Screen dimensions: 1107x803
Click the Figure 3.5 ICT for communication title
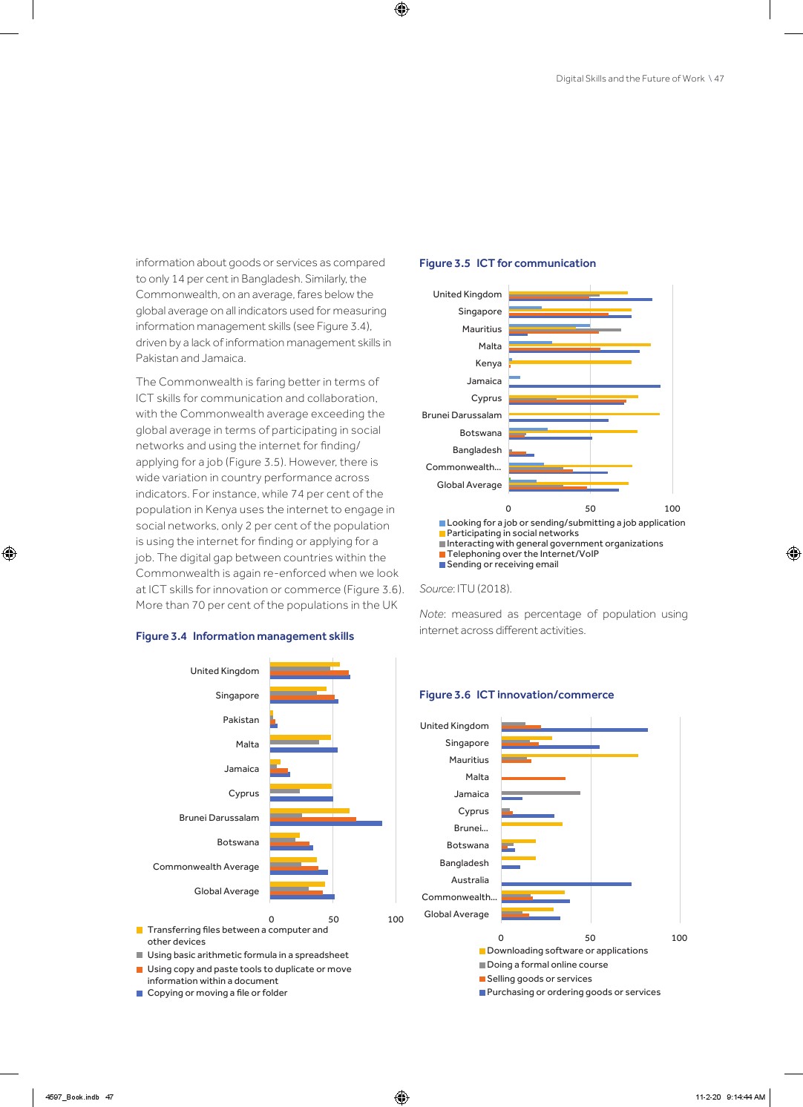(x=507, y=263)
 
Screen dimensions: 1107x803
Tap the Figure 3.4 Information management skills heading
(x=244, y=636)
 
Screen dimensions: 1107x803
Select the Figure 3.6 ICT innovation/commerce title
(x=516, y=695)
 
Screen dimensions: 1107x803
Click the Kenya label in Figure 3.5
(x=488, y=363)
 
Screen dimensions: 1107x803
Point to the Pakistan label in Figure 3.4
(x=240, y=720)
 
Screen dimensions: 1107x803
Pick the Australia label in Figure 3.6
(x=470, y=880)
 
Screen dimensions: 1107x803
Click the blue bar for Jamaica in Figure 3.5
(x=584, y=386)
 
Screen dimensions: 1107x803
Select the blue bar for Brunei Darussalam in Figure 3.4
(x=326, y=823)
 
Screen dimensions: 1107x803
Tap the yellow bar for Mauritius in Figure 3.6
(x=569, y=756)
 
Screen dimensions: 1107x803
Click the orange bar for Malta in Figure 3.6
(x=533, y=779)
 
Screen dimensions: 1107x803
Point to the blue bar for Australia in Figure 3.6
(x=566, y=884)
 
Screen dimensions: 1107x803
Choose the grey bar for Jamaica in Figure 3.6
(x=540, y=793)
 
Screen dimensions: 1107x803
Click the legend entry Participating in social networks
(x=512, y=533)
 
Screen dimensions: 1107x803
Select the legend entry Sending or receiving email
(x=502, y=564)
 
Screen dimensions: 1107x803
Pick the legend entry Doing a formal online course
(x=547, y=965)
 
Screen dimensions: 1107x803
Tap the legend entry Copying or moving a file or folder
(x=217, y=993)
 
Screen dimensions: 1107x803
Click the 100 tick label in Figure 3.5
(x=672, y=509)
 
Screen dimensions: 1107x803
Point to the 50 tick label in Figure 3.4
(x=333, y=919)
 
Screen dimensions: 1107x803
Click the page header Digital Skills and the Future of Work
(x=630, y=79)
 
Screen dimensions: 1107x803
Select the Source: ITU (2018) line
(x=465, y=589)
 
